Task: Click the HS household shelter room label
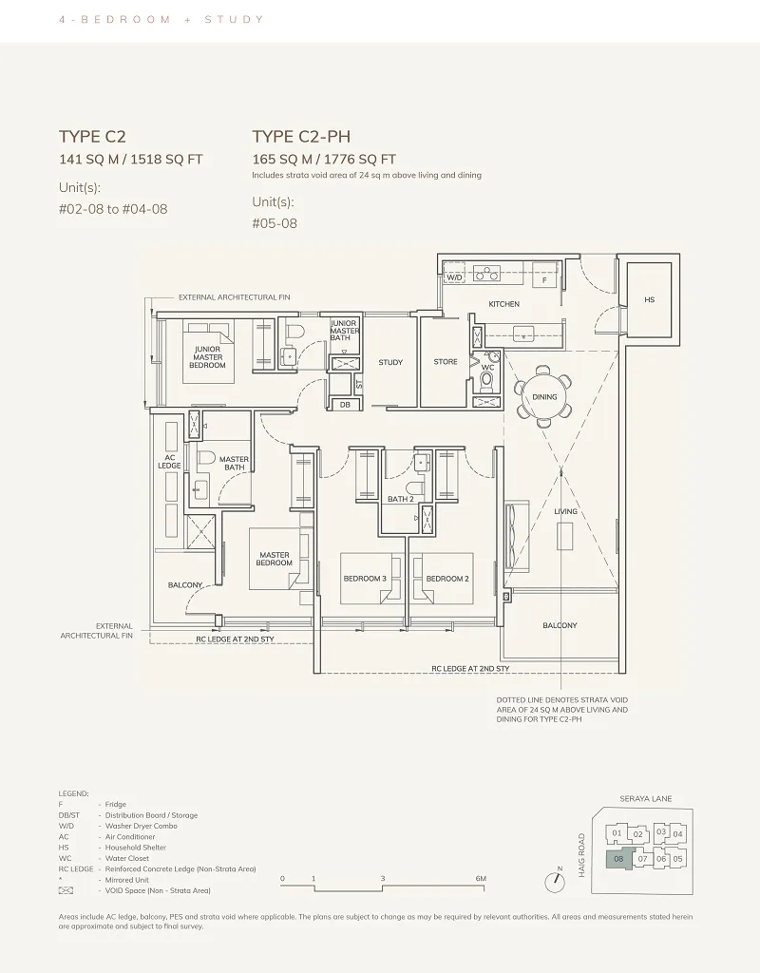(x=649, y=299)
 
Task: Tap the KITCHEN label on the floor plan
(x=503, y=304)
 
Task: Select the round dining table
(x=544, y=396)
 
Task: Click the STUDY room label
(x=390, y=362)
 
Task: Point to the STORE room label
(x=446, y=362)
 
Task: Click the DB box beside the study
(x=345, y=405)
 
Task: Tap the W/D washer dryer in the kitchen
(x=455, y=277)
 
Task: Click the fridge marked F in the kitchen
(x=544, y=280)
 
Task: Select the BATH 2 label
(x=400, y=499)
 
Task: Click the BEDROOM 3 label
(x=365, y=579)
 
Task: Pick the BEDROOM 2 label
(x=447, y=579)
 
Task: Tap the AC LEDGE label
(x=169, y=462)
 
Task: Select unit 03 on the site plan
(x=661, y=832)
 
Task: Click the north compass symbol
(x=555, y=881)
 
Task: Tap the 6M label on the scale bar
(x=481, y=879)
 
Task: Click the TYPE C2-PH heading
(x=301, y=137)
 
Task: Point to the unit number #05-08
(x=275, y=223)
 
